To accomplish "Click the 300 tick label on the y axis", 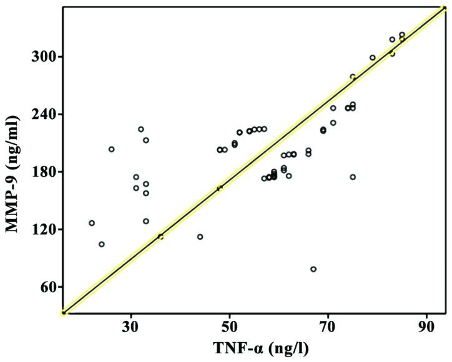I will [x=46, y=57].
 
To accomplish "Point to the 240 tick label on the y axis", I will [x=46, y=115].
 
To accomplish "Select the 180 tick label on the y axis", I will [x=46, y=172].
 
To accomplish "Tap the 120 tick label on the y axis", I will [x=46, y=230].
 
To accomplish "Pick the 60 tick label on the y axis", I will [x=49, y=287].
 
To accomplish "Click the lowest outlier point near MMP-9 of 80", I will [x=313, y=269].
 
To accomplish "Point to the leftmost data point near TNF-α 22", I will [x=92, y=223].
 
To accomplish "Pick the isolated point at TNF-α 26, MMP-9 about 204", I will [x=111, y=150].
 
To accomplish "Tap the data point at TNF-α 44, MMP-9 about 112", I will [x=200, y=237].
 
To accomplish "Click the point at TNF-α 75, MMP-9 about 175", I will [x=353, y=177].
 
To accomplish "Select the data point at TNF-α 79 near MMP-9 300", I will [x=373, y=57].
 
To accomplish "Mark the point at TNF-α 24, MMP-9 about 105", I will [x=102, y=244].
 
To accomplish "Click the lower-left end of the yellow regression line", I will [x=64, y=312].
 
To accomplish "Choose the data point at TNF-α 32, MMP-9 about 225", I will [x=141, y=129].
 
